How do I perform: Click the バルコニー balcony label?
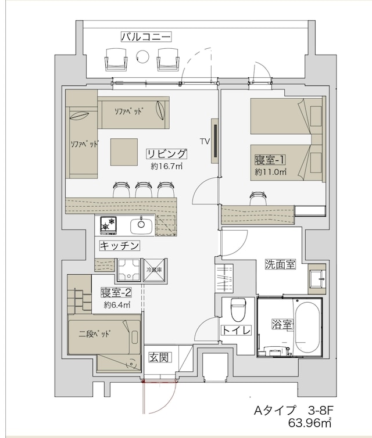tap(145, 37)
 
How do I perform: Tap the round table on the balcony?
tap(142, 56)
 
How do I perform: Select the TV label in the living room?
tap(205, 141)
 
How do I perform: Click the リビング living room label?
tap(166, 154)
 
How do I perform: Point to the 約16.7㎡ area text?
tap(167, 167)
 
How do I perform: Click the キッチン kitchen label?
tap(120, 246)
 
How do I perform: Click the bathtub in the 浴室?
tap(307, 326)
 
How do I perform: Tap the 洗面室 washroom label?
tap(280, 264)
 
